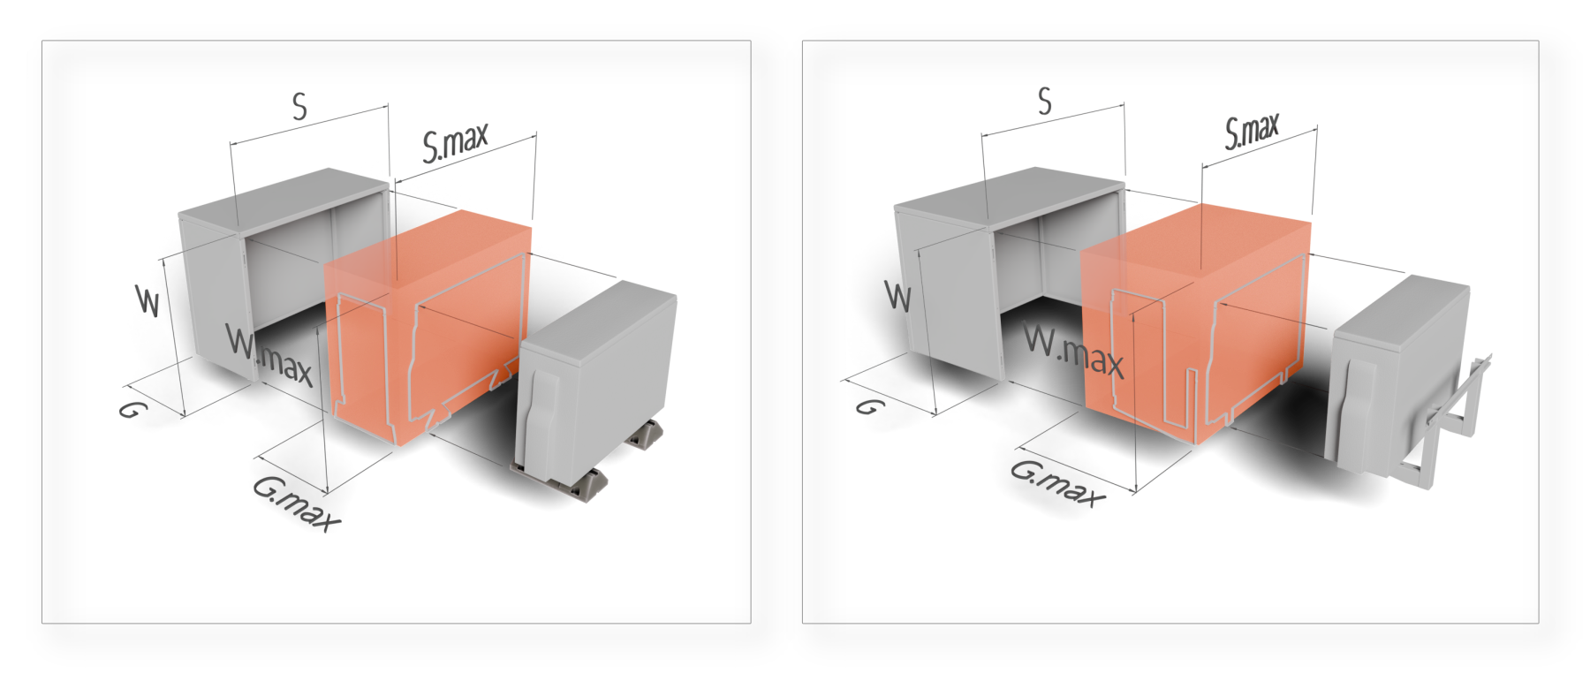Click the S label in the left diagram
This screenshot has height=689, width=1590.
[300, 107]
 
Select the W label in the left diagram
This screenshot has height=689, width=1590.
[148, 300]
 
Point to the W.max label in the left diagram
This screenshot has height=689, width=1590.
[269, 355]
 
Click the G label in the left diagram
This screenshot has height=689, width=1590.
[132, 409]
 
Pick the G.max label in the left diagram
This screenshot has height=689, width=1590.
[296, 503]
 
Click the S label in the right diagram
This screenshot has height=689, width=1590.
[1045, 102]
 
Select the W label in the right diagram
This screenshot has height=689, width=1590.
[897, 296]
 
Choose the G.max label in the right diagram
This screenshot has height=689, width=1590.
[1057, 483]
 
